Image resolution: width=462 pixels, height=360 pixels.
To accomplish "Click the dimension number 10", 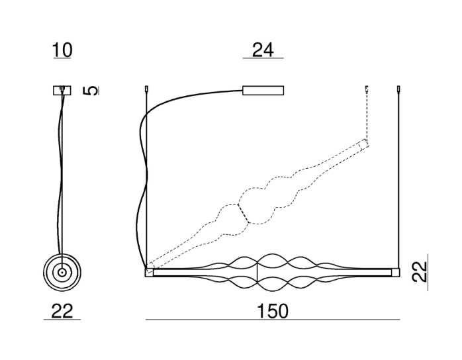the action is coord(62,50).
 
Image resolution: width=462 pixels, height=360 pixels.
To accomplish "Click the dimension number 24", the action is coord(263,50).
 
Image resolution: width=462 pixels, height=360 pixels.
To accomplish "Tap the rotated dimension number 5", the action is coord(91,91).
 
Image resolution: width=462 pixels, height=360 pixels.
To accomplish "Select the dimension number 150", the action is coord(273,311).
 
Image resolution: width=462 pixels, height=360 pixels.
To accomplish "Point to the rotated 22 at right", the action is coord(419,272).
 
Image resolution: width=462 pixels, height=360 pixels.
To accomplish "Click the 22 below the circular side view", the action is coord(62,311).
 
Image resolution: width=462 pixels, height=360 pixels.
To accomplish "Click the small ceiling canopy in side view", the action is coord(62,91).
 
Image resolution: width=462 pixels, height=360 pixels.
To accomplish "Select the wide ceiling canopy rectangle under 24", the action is coord(263,91).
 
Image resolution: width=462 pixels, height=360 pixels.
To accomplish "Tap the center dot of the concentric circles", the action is coord(62,273).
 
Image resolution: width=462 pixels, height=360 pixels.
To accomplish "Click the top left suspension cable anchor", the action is coord(147,89).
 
